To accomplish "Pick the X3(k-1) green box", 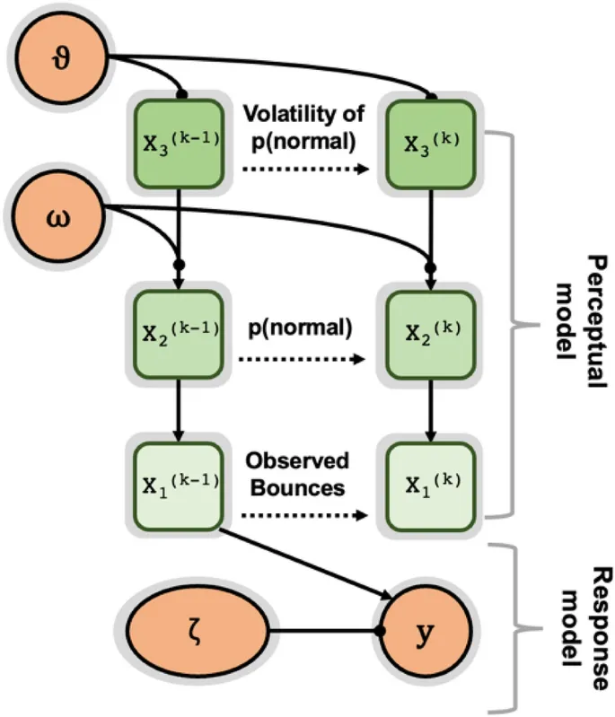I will pyautogui.click(x=180, y=144).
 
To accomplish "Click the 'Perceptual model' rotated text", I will pyautogui.click(x=579, y=319).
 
